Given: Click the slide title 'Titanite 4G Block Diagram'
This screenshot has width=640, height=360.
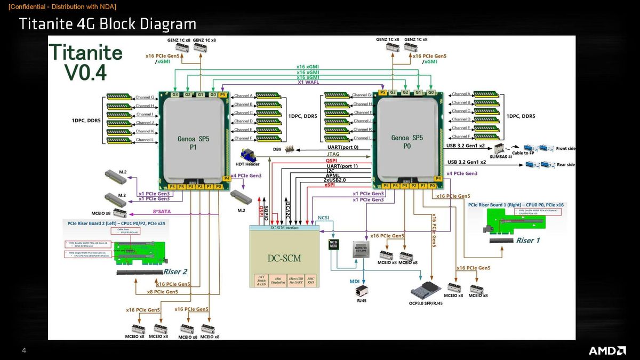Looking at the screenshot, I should pos(107,24).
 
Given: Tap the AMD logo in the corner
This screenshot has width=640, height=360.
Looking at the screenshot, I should pos(607,350).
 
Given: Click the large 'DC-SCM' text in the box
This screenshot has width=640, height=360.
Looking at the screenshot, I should pos(284,258).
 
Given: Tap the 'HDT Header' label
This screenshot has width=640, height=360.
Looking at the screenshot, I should pos(247,164).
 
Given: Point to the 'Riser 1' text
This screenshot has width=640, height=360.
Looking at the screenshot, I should pos(527,241).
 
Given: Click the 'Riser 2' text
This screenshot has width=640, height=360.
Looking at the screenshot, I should pos(175,271).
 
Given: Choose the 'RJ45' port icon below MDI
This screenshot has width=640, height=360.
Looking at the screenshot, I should pos(361,291).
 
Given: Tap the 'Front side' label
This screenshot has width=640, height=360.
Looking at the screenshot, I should pos(565,149).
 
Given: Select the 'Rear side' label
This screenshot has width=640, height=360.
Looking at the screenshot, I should pos(565,165).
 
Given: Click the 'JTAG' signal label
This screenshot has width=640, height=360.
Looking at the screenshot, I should pos(333,154).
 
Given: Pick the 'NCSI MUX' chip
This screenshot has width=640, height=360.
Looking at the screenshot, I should pos(333,245).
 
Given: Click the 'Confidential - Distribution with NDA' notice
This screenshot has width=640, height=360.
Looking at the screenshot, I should pos(62,6).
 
